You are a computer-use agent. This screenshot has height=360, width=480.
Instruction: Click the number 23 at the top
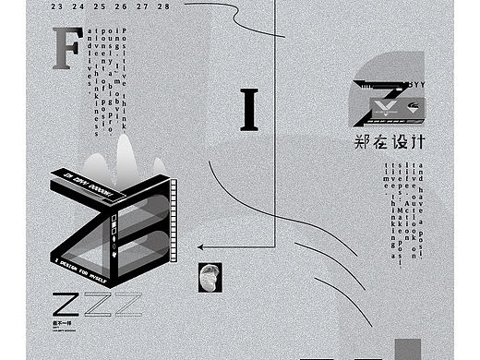pyautogui.click(x=60, y=5)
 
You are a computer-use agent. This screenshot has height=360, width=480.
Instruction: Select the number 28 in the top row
pyautogui.click(x=164, y=5)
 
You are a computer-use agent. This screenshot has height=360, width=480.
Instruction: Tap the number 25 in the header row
pyautogui.click(x=102, y=5)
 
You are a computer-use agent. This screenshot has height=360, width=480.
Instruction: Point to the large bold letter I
pyautogui.click(x=248, y=111)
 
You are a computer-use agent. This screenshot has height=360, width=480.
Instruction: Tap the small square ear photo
pyautogui.click(x=210, y=277)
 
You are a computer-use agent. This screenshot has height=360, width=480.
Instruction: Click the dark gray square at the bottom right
pyautogui.click(x=407, y=349)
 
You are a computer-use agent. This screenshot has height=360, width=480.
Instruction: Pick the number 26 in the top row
pyautogui.click(x=123, y=5)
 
